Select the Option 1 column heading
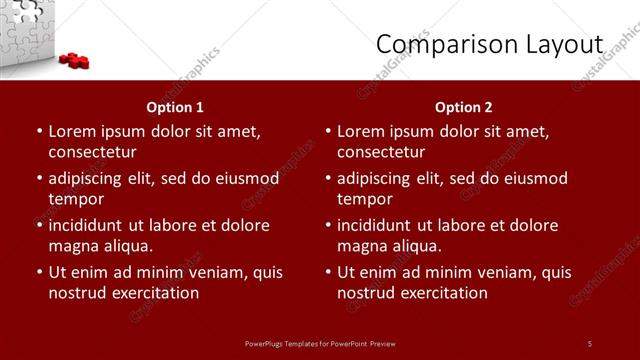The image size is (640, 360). point(175,107)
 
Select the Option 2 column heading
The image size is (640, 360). point(464,107)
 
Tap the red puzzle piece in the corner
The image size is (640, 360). point(74,60)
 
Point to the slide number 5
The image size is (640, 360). point(590,343)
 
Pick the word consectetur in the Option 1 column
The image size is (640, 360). point(92,152)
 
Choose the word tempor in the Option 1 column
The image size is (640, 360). point(71,199)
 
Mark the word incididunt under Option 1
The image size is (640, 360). point(90,226)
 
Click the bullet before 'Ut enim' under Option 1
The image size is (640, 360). point(38,272)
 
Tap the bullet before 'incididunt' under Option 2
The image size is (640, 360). point(327,226)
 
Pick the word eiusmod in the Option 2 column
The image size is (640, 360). point(535,179)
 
